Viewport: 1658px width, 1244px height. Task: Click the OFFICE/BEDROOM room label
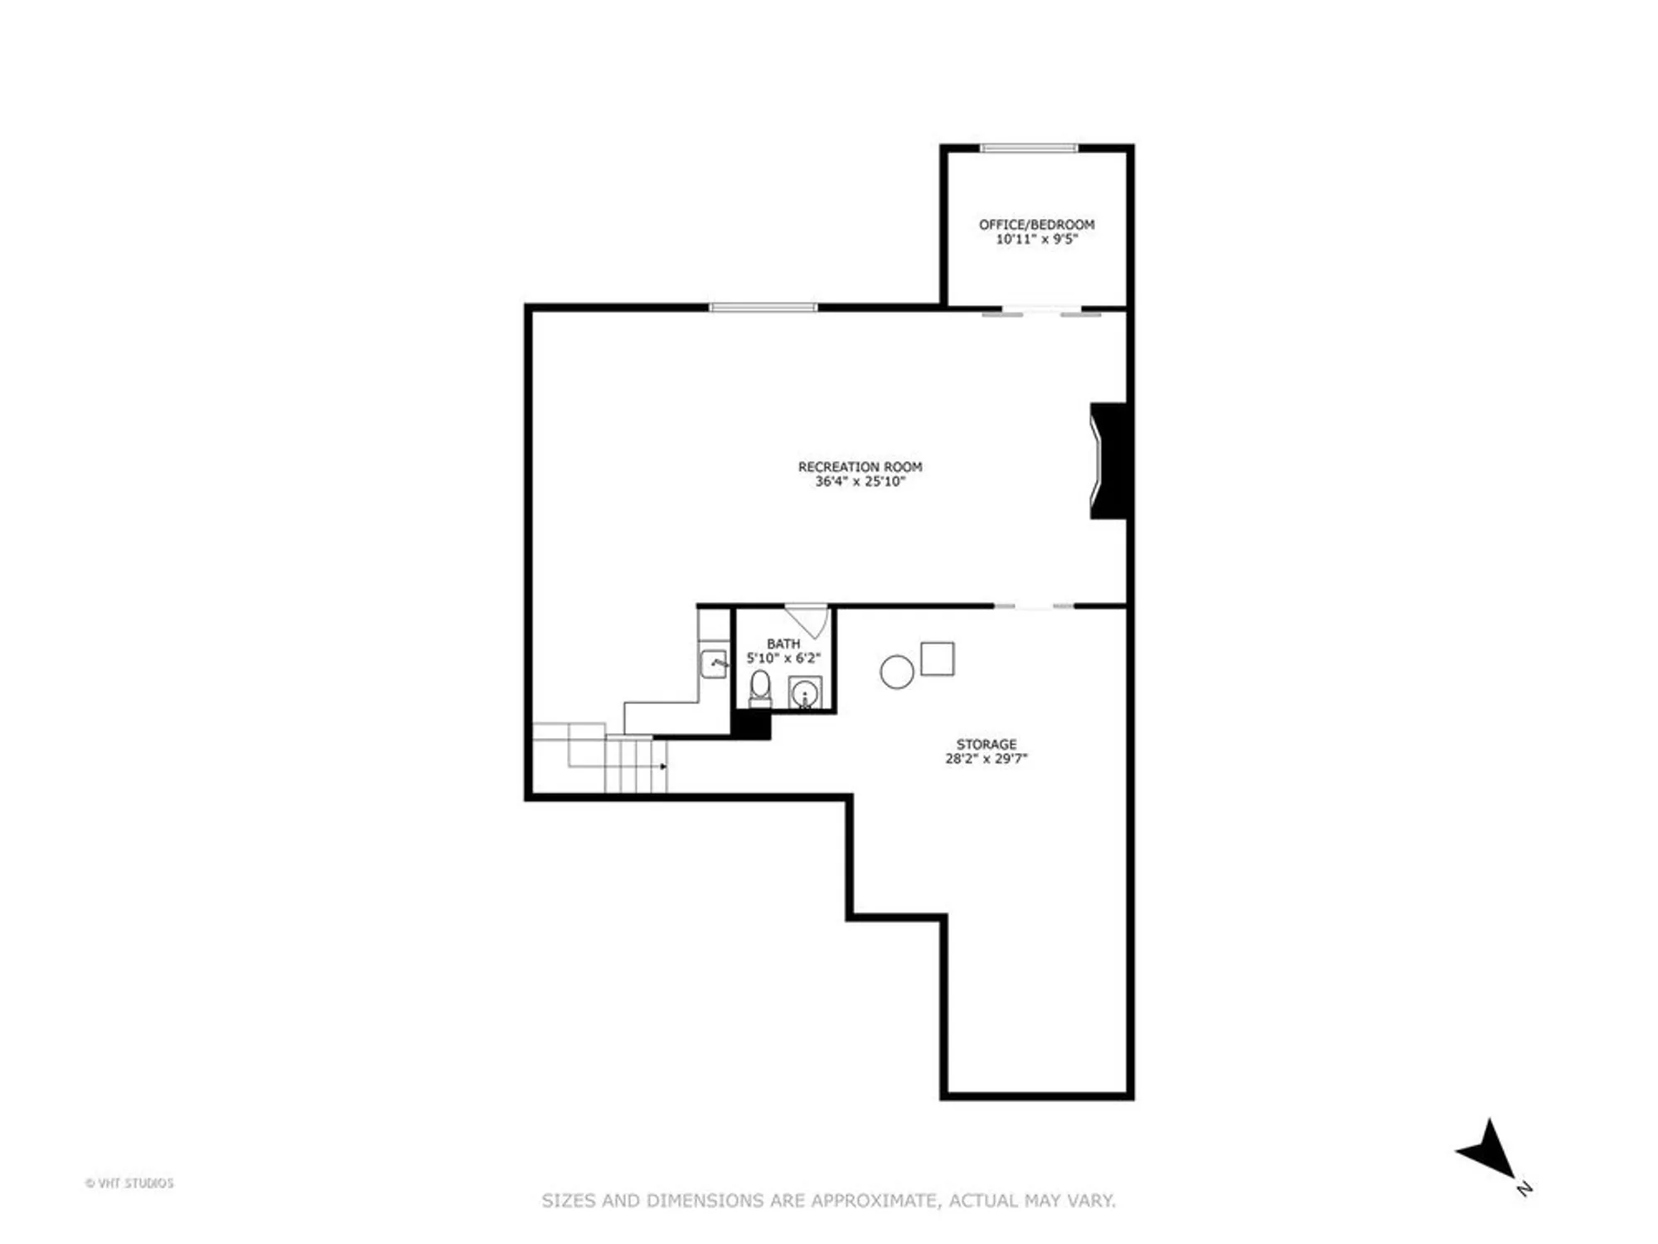click(1036, 225)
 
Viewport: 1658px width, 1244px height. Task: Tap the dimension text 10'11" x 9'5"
click(1036, 240)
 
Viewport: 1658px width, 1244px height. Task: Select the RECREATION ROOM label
click(860, 467)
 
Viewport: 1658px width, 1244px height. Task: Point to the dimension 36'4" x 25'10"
click(860, 481)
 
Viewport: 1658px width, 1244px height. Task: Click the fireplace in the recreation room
click(1109, 461)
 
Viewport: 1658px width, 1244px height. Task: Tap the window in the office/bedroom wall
click(1029, 148)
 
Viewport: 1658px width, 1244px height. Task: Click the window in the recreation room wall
click(763, 308)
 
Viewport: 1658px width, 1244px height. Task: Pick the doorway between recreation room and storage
click(1034, 607)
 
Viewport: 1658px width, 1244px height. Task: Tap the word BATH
click(783, 644)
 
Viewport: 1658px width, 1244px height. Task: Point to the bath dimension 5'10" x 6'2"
click(783, 658)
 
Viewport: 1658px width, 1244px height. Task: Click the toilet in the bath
click(760, 687)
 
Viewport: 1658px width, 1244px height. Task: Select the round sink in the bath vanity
click(804, 693)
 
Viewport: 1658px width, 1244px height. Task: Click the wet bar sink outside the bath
click(714, 663)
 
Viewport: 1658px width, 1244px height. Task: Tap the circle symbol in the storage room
click(896, 672)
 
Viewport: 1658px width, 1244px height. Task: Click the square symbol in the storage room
click(938, 658)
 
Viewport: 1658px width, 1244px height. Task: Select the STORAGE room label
click(986, 745)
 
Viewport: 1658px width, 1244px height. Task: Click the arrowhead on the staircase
click(663, 766)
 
